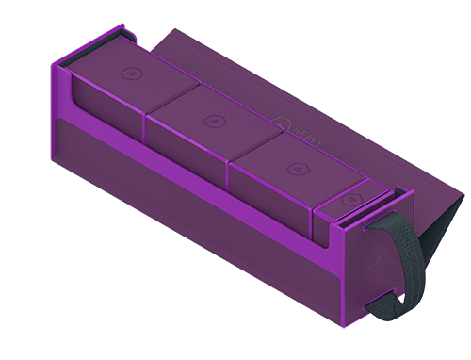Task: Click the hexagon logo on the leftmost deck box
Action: pos(128,73)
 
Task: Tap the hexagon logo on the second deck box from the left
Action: pos(208,120)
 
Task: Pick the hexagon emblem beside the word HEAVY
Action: pos(283,120)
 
